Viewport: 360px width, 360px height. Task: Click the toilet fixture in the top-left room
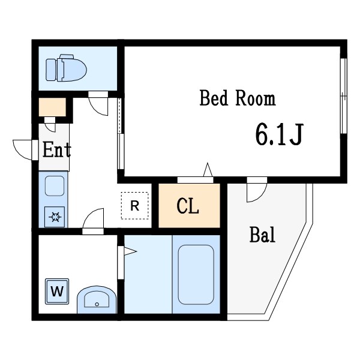click(66, 69)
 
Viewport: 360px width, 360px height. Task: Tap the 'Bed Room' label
click(237, 98)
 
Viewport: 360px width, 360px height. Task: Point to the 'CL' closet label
click(188, 206)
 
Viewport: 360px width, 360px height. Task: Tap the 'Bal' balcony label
click(262, 235)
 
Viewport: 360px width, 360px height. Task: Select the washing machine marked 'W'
click(57, 293)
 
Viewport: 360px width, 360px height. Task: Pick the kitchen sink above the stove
click(55, 187)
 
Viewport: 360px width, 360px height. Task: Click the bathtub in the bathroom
click(196, 274)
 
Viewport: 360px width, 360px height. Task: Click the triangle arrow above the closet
click(208, 170)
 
